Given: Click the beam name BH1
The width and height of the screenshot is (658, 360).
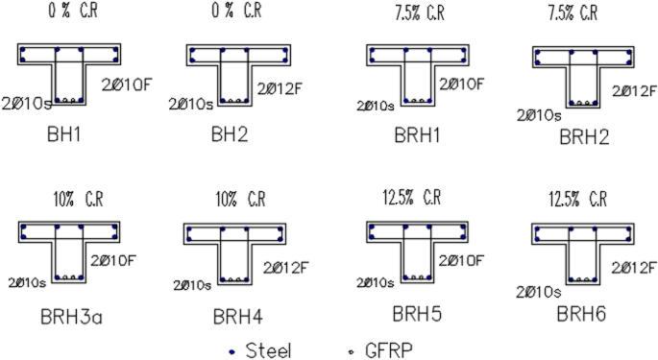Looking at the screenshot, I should pos(62,135).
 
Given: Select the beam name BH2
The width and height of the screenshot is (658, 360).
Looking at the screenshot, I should pos(230,135).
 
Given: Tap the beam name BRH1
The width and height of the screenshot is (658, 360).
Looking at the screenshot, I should pos(414,135).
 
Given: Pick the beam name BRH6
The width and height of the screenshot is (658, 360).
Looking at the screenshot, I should pos(583,313).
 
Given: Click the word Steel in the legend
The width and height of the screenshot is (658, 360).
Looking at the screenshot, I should pos(268,350).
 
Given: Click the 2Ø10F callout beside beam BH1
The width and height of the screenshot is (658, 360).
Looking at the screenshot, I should pos(121,84).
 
